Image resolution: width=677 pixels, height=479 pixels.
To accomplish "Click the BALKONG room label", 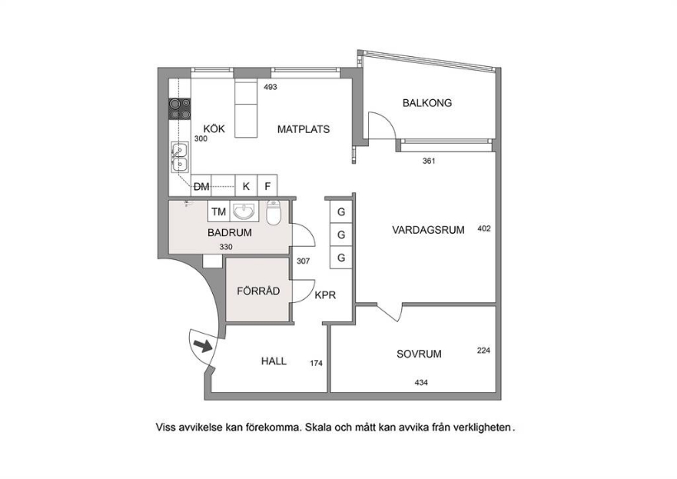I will point(427,103).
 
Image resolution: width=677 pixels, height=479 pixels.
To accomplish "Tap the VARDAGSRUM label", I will point(428,230).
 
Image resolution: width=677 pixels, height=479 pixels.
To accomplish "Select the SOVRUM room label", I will point(419,354).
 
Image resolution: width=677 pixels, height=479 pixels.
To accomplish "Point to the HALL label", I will point(274,361).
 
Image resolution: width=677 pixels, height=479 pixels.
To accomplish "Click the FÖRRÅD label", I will point(258,292).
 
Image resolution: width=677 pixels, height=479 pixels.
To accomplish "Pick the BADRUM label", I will point(229,233).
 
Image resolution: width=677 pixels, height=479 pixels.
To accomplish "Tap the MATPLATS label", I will point(303,130).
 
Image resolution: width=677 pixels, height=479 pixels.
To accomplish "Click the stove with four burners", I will point(180,109).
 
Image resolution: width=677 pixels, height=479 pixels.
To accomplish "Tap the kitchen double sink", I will point(179,156).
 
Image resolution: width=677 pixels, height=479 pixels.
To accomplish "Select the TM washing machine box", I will point(218,212).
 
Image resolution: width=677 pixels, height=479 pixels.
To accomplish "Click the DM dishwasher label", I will point(201,187).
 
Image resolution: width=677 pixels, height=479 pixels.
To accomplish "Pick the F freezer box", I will point(267,187).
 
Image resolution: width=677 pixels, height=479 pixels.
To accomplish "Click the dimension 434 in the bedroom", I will point(421,382).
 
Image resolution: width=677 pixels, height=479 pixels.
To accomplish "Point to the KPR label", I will point(324,293).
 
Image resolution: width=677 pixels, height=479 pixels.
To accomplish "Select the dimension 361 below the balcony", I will point(428,161).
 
